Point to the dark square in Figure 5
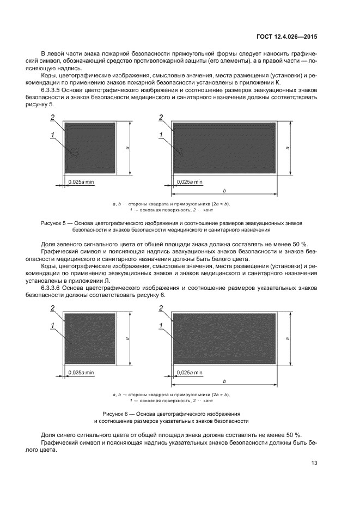(90, 148)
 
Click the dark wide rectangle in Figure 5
(223, 148)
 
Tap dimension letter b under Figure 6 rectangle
(224, 381)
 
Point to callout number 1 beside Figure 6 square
(53, 326)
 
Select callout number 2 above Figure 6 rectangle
(161, 308)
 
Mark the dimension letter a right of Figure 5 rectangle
(287, 148)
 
